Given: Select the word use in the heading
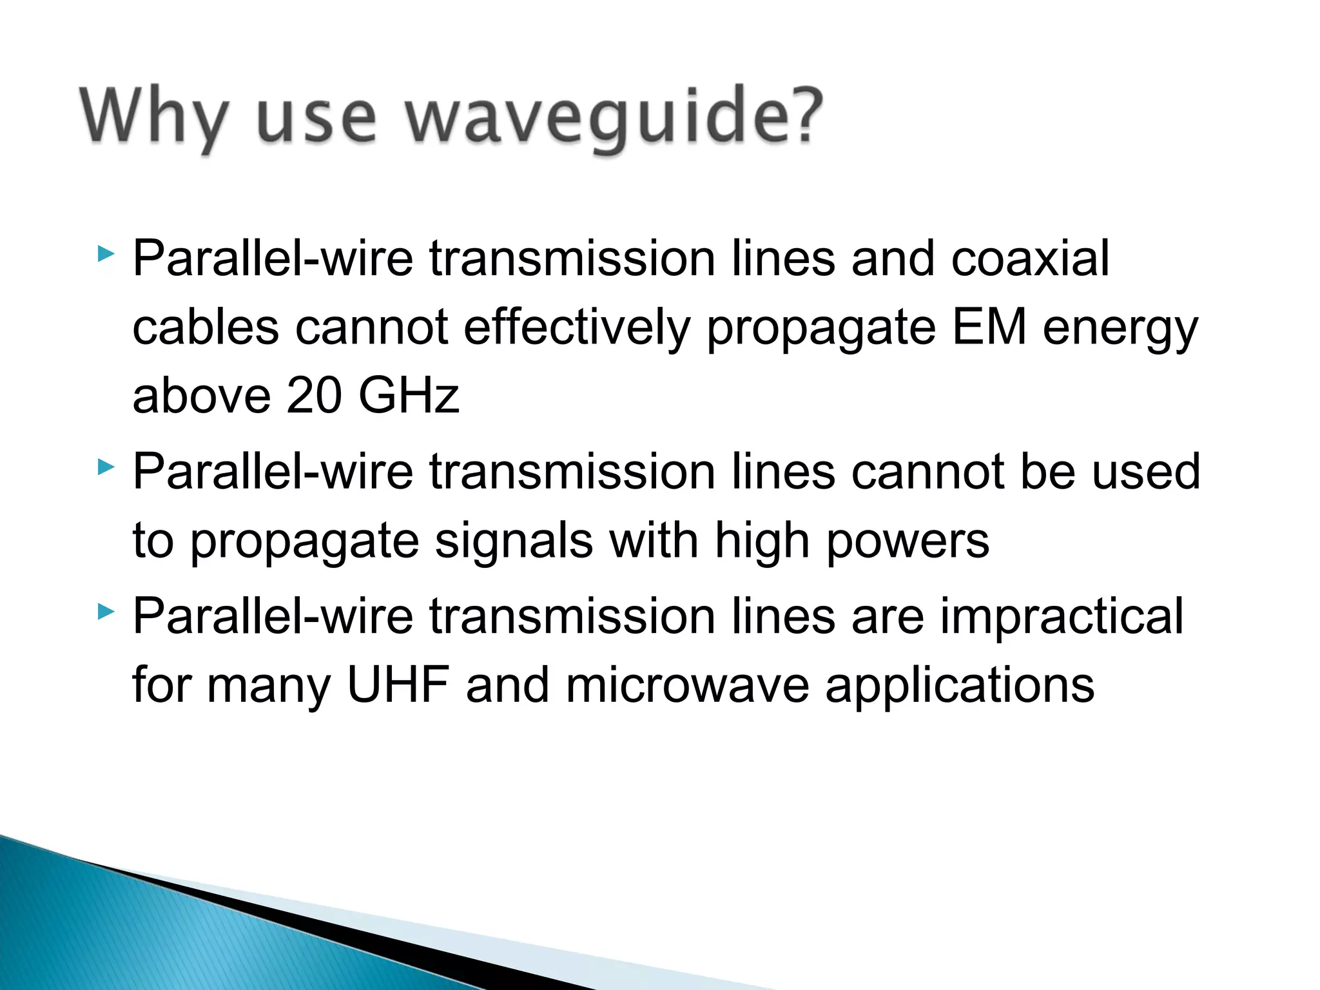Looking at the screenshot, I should pos(316,119).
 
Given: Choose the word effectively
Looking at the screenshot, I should pos(577,327).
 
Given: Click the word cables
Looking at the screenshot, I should pos(206,327).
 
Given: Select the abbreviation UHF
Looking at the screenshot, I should pos(398,684).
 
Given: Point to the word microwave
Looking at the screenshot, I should pos(687,684).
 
